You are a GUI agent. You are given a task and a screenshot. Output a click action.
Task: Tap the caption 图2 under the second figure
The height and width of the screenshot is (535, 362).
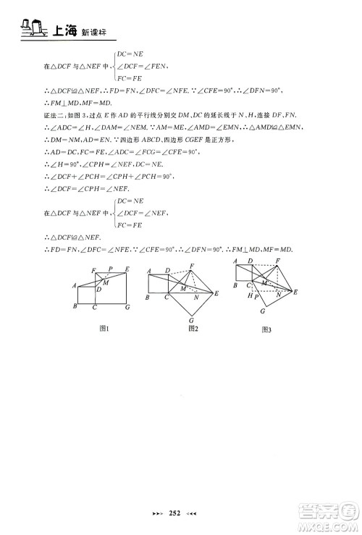click(193, 328)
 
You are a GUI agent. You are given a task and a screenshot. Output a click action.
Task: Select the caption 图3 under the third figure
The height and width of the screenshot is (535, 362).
click(266, 329)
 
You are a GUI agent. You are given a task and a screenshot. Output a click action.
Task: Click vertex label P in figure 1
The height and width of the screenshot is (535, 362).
click(109, 269)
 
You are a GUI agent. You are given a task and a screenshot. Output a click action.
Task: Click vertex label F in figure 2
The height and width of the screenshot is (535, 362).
click(192, 265)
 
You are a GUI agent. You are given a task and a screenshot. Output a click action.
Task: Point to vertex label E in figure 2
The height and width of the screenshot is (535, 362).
click(218, 293)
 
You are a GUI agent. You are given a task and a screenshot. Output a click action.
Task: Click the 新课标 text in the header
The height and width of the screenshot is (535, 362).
click(92, 32)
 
